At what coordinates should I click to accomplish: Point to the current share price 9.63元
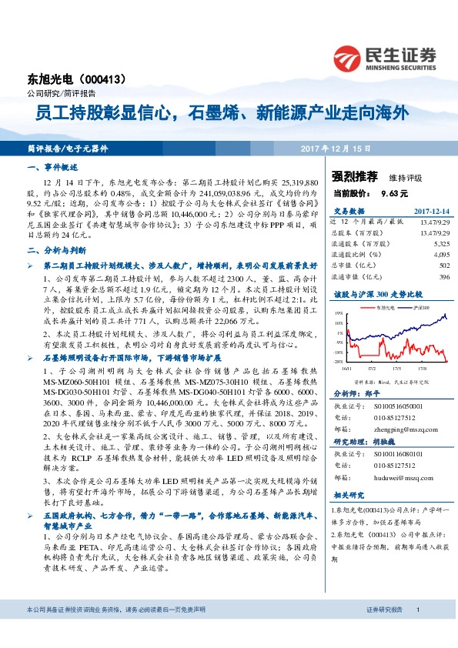click(394, 193)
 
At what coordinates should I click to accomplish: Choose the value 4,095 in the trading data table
click(440, 252)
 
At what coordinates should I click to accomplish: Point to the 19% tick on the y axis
click(339, 313)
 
